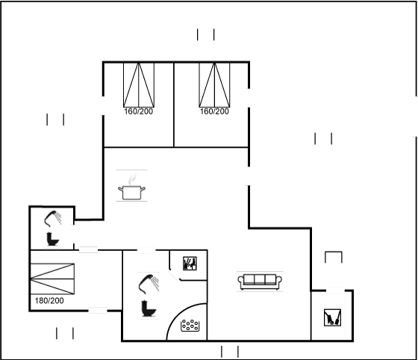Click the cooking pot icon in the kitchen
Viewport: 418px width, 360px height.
[131, 193]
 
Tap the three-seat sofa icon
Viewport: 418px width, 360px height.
[260, 282]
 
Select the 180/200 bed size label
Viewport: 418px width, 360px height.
[49, 301]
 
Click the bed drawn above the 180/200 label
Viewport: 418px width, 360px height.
[52, 279]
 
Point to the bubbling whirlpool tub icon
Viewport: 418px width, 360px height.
[190, 326]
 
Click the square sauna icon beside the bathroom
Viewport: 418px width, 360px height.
[190, 264]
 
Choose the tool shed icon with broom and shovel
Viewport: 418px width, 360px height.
[332, 317]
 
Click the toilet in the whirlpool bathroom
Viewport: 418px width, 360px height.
[149, 308]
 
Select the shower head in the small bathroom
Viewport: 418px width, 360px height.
[52, 219]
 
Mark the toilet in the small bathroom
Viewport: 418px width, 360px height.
[52, 239]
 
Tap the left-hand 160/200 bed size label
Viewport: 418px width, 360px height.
[139, 111]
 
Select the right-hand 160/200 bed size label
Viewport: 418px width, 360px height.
[215, 111]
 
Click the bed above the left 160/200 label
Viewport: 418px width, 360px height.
[139, 85]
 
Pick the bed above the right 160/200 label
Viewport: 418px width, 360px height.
[215, 85]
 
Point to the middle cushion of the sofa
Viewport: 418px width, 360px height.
[260, 279]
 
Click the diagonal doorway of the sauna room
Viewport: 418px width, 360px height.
[174, 274]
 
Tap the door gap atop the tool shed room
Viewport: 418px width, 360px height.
[335, 291]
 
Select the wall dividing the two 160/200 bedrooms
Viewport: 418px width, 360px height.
[174, 105]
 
